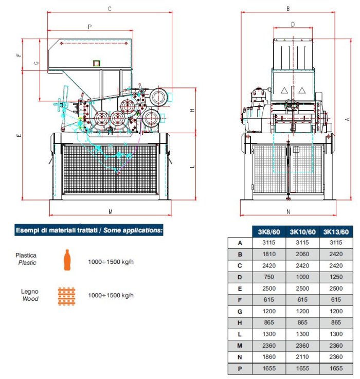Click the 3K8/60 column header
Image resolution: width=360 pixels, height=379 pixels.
pyautogui.click(x=269, y=232)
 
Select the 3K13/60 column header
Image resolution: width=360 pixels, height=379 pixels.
pyautogui.click(x=336, y=232)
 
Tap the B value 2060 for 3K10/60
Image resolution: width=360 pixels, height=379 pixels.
pyautogui.click(x=302, y=254)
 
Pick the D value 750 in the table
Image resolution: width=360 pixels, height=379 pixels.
pyautogui.click(x=269, y=277)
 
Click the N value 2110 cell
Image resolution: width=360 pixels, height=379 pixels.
pyautogui.click(x=302, y=357)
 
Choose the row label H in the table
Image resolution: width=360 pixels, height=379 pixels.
pyautogui.click(x=240, y=322)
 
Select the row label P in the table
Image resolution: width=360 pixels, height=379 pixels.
pyautogui.click(x=240, y=369)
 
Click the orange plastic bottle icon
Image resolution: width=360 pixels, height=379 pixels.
pyautogui.click(x=67, y=260)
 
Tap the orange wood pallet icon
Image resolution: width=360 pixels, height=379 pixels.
pyautogui.click(x=66, y=296)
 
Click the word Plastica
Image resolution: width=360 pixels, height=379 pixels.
pyautogui.click(x=26, y=255)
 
